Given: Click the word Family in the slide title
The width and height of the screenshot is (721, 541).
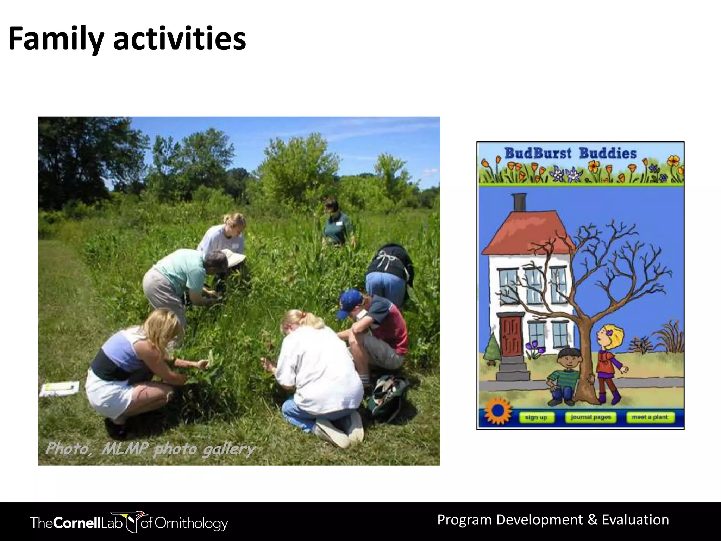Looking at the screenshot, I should click(x=56, y=39).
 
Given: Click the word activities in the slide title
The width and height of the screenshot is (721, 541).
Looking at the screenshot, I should click(x=180, y=39).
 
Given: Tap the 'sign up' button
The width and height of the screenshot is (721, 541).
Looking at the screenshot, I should click(x=536, y=417).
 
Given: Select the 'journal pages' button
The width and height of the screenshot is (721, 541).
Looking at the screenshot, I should click(x=591, y=417).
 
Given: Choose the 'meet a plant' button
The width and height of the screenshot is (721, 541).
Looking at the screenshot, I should click(x=650, y=417).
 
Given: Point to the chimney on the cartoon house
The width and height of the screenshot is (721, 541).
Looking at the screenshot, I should click(x=520, y=202).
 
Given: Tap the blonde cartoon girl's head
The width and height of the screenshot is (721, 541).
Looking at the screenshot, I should click(x=611, y=336).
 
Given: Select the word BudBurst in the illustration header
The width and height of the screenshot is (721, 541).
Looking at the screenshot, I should click(x=538, y=154).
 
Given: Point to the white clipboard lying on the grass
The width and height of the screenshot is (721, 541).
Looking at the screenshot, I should click(x=59, y=388).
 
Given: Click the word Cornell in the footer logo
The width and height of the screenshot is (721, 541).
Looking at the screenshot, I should click(x=78, y=523).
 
